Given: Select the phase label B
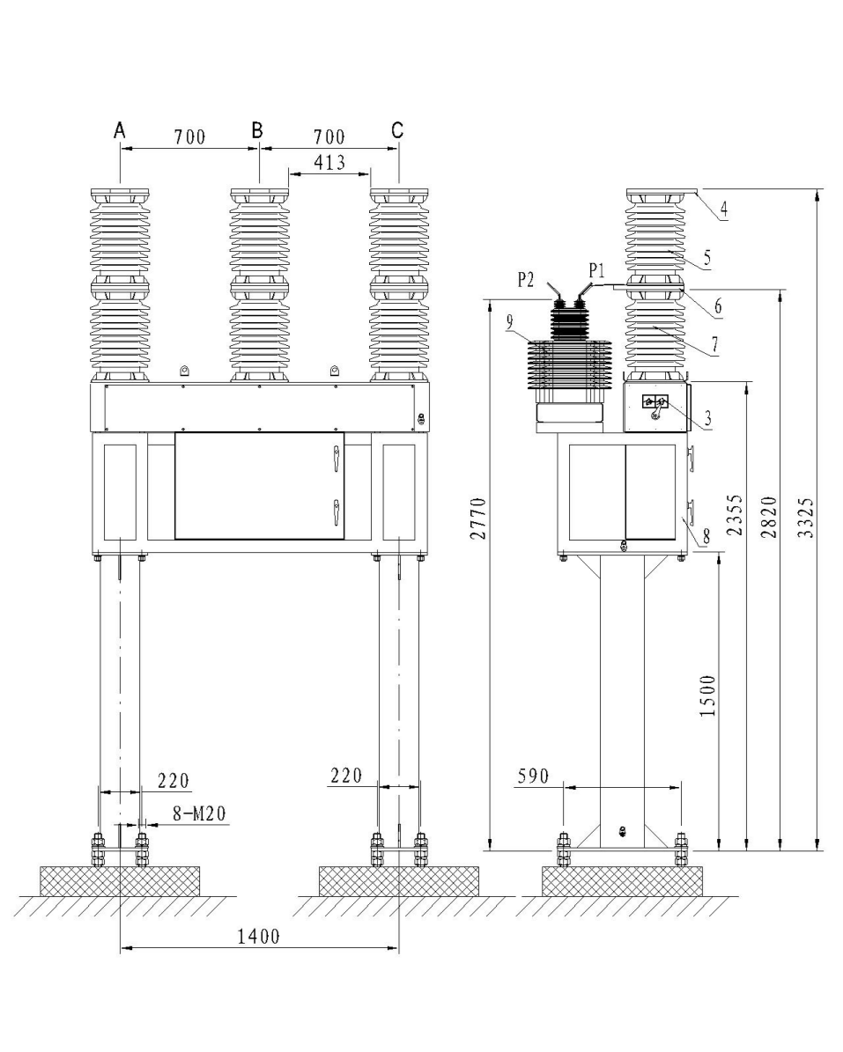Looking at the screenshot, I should [257, 130].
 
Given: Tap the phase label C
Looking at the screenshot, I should [397, 130].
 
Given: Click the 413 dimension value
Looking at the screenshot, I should [328, 162].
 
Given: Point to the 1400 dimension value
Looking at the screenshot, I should [258, 937].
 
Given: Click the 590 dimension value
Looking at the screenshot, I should [534, 776].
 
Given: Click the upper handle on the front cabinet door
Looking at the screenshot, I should [335, 457].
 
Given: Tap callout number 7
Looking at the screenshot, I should [715, 346].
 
